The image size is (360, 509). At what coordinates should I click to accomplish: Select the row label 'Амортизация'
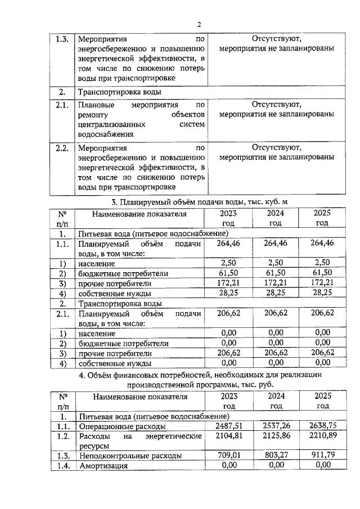click(x=103, y=466)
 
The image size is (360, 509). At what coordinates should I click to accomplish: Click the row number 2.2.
click(x=62, y=148)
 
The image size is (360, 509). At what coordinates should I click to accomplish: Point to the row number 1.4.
click(x=62, y=466)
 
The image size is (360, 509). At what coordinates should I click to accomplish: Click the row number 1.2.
click(x=62, y=436)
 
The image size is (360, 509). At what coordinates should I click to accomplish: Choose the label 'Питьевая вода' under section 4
click(x=104, y=416)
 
